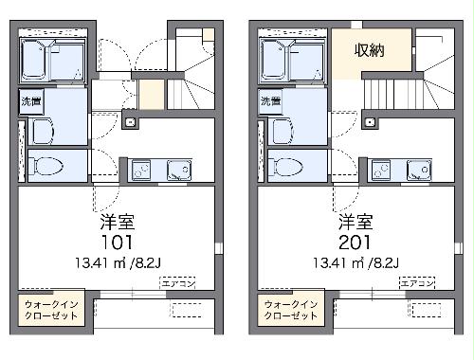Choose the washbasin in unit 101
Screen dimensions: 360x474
coord(41,131)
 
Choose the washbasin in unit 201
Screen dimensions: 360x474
coord(282,131)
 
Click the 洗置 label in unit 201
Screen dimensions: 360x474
coord(270,100)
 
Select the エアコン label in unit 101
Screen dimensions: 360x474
coord(177,283)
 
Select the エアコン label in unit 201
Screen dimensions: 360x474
coord(417,283)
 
